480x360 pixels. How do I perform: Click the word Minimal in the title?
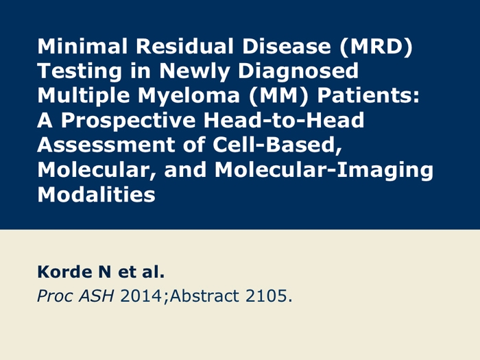82,46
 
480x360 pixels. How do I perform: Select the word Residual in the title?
184,46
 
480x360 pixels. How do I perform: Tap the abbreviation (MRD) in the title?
376,47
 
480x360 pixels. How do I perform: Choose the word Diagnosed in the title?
298,72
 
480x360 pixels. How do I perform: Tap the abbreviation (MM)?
278,96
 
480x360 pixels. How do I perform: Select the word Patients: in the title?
368,95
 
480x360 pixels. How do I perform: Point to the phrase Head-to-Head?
284,120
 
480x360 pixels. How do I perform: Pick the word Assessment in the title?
106,145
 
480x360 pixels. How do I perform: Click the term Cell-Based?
277,145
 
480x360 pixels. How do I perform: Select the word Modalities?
97,194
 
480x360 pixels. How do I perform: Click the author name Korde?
65,272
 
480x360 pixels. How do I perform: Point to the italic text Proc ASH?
75,296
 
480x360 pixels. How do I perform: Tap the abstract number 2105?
267,296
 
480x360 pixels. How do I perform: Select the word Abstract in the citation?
204,296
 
